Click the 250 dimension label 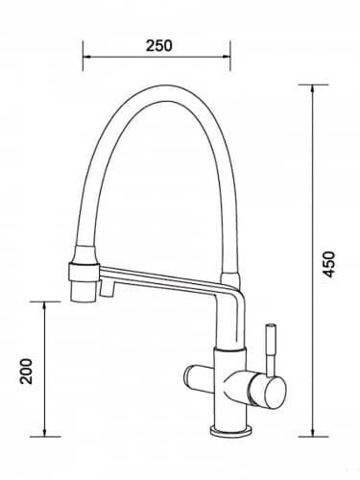[x=159, y=46]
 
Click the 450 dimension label [x=328, y=264]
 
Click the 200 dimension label [x=26, y=372]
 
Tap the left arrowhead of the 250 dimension [x=87, y=58]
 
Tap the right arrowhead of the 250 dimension [x=226, y=58]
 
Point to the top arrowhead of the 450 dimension [x=313, y=90]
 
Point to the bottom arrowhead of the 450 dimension [x=313, y=431]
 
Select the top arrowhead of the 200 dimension [x=45, y=306]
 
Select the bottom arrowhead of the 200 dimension [x=45, y=431]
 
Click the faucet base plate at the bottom [x=229, y=430]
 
